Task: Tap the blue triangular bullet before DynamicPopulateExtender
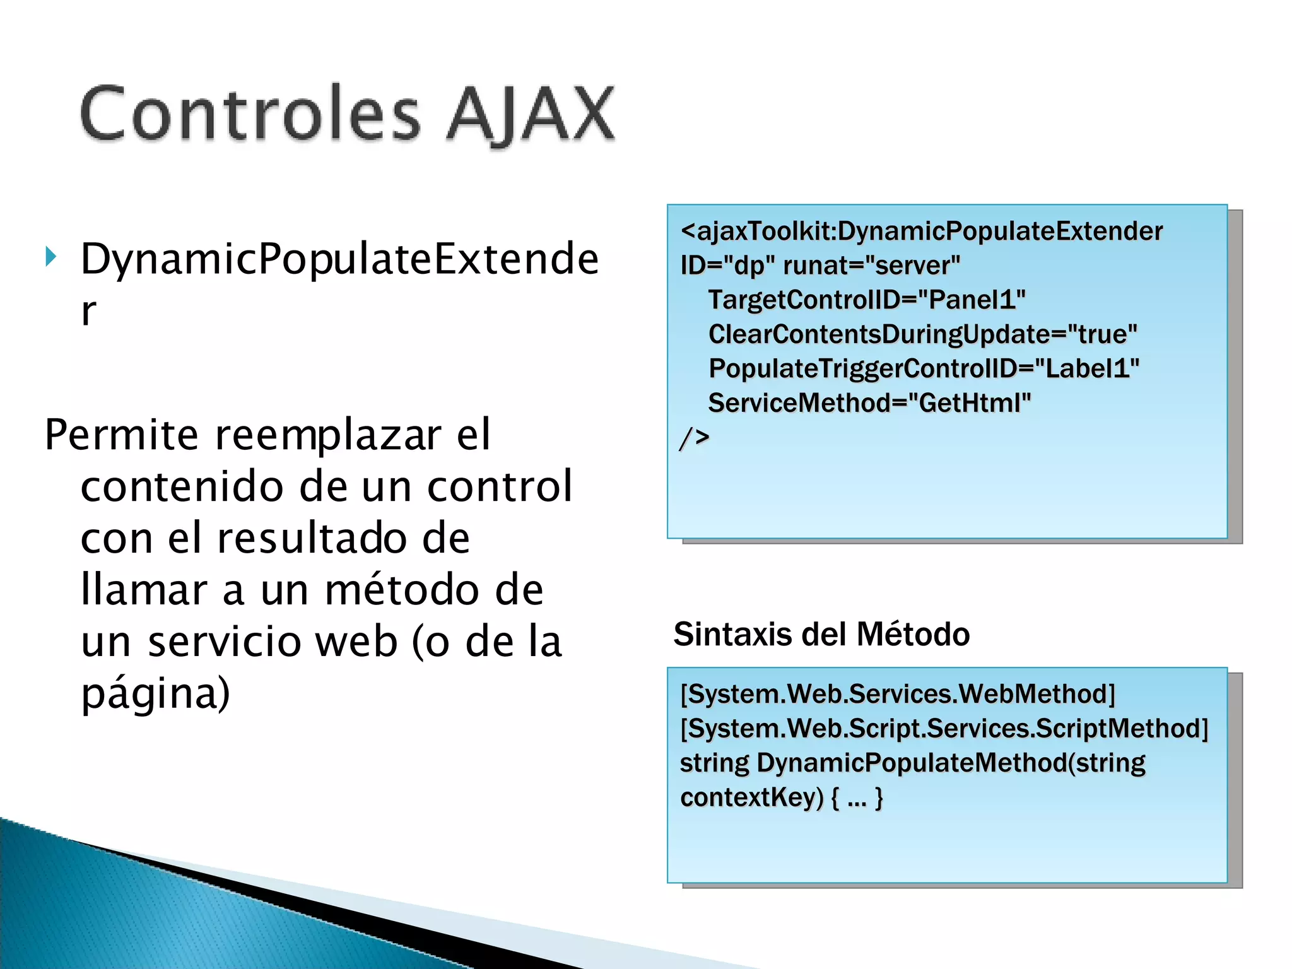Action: (x=51, y=257)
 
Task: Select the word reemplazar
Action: (x=328, y=435)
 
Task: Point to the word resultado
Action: (x=343, y=539)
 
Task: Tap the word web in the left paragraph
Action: (x=356, y=642)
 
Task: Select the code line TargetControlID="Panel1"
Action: (x=867, y=300)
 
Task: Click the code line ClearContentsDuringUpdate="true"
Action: (x=922, y=334)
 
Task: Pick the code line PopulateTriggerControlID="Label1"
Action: (x=924, y=368)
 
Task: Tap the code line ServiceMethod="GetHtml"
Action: (x=869, y=402)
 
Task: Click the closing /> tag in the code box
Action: (x=694, y=437)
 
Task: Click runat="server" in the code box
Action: (x=871, y=266)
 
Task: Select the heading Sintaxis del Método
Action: (x=821, y=634)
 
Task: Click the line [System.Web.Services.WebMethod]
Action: (x=897, y=694)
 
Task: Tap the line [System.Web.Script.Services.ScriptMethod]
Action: (x=944, y=729)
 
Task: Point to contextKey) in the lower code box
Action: (x=751, y=797)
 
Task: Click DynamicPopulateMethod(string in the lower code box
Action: (x=951, y=763)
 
